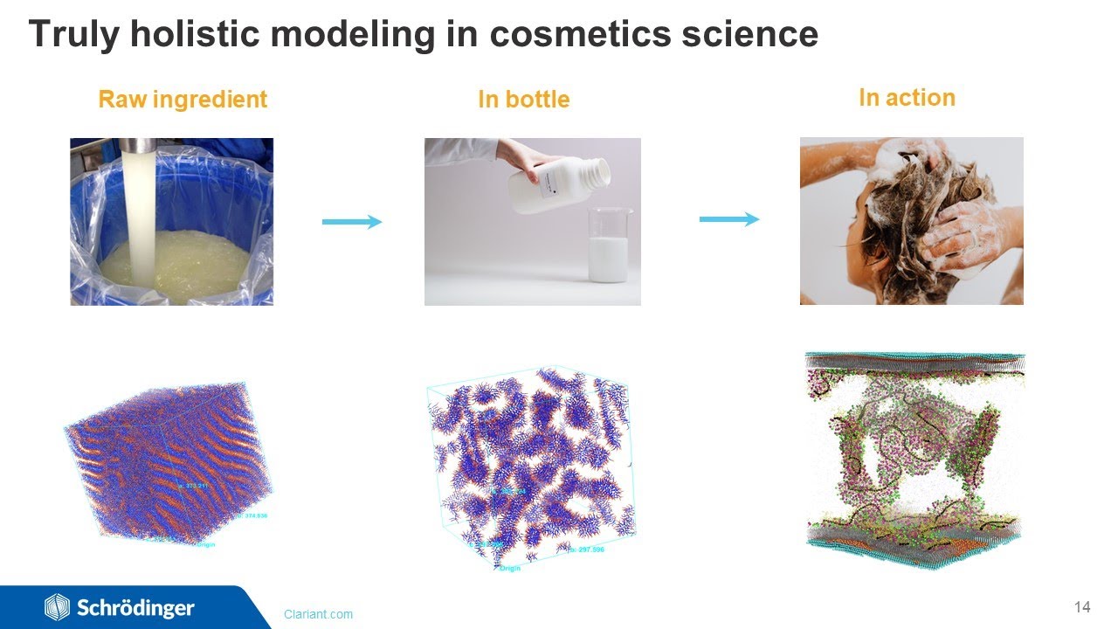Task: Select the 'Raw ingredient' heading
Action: pos(183,100)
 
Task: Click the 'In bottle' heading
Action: pos(523,100)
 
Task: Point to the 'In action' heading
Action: pos(907,98)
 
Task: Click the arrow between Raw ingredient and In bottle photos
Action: pos(352,222)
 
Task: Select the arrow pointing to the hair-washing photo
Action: pos(729,219)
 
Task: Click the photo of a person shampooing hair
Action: pos(911,220)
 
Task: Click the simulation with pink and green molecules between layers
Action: pos(913,459)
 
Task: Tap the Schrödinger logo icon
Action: pos(57,607)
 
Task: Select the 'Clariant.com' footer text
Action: pos(318,614)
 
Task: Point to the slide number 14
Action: pos(1082,606)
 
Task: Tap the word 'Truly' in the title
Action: pos(67,34)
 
